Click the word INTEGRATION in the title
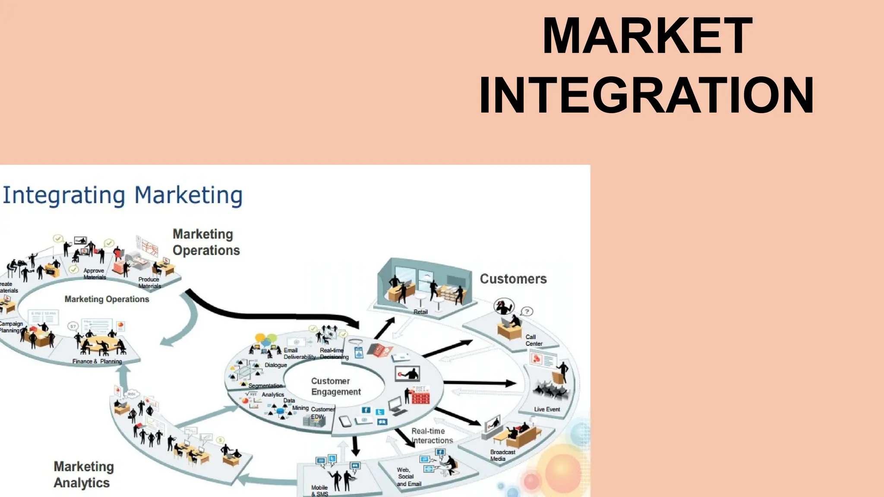[646, 95]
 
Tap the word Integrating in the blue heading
[64, 195]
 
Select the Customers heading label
[513, 279]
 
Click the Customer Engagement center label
[335, 387]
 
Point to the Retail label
[420, 312]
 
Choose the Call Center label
[534, 340]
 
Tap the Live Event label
[547, 409]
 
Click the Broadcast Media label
[502, 455]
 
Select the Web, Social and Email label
[408, 477]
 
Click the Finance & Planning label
[97, 362]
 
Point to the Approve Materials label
[94, 274]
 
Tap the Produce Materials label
[149, 283]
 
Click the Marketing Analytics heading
[83, 475]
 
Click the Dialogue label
[275, 365]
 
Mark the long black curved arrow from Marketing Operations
[268, 315]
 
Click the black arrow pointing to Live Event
[479, 383]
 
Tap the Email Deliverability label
[299, 354]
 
